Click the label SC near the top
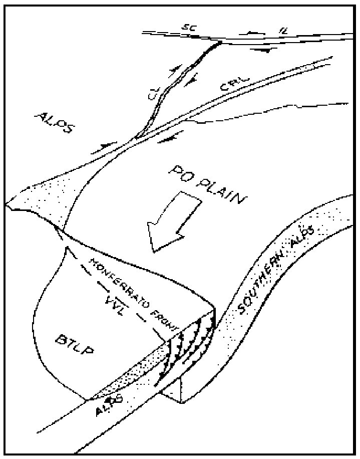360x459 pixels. (189, 28)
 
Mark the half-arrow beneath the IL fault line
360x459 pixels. (261, 50)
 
